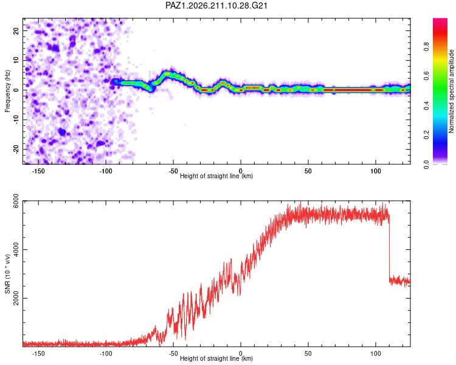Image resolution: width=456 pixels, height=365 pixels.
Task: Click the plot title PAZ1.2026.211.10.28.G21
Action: (216, 5)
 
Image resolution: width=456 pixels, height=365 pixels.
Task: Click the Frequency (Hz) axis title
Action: (7, 91)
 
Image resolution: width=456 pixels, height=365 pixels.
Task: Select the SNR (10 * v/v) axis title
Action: (7, 274)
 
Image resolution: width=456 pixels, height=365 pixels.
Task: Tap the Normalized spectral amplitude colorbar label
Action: (451, 91)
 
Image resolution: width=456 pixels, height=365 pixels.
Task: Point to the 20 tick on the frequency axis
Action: (16, 30)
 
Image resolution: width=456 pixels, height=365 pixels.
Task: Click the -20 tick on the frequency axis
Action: (16, 149)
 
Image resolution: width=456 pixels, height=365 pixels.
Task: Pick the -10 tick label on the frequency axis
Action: (16, 120)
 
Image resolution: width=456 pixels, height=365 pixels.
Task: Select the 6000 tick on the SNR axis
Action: (16, 201)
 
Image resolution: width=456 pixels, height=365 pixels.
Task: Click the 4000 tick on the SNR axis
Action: (16, 249)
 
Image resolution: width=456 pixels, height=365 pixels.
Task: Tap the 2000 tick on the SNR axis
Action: (16, 298)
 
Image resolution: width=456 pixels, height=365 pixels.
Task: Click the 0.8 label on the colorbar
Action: (426, 47)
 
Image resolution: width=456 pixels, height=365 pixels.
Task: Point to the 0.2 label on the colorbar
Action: (426, 134)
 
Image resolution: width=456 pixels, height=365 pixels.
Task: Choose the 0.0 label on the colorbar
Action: (426, 164)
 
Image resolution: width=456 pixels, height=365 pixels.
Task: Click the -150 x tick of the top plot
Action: (38, 171)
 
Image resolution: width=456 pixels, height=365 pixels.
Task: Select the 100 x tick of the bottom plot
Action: (376, 353)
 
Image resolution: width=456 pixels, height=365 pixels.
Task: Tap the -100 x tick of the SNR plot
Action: (106, 353)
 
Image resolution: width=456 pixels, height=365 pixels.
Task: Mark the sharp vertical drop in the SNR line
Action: (389, 248)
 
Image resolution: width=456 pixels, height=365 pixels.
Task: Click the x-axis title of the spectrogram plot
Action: (216, 176)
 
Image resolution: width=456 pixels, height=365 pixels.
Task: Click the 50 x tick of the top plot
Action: (308, 171)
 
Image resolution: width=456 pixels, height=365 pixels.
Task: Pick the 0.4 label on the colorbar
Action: (426, 105)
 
